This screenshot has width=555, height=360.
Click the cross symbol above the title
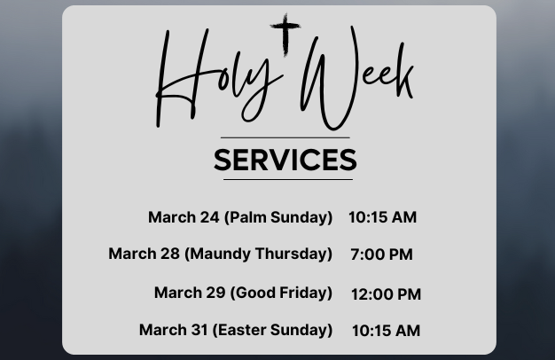pyautogui.click(x=285, y=34)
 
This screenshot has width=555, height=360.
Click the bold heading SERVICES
pyautogui.click(x=285, y=160)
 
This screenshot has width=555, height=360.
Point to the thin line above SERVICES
pyautogui.click(x=285, y=137)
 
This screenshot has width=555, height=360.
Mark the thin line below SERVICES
pyautogui.click(x=288, y=179)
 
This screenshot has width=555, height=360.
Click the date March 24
pyautogui.click(x=184, y=217)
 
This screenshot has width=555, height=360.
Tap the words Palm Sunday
pyautogui.click(x=278, y=217)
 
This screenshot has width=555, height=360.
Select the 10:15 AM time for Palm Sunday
pyautogui.click(x=383, y=217)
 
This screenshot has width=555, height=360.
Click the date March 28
pyautogui.click(x=144, y=254)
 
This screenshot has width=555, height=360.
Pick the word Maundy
pyautogui.click(x=218, y=254)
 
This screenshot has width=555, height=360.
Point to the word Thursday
pyautogui.click(x=293, y=254)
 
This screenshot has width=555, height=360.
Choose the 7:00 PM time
pyautogui.click(x=381, y=254)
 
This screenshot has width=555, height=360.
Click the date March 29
pyautogui.click(x=190, y=293)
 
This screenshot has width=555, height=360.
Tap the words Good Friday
pyautogui.click(x=281, y=293)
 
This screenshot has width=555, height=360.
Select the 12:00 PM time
pyautogui.click(x=387, y=294)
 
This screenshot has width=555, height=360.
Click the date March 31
pyautogui.click(x=174, y=330)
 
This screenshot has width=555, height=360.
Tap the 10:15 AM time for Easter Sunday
pyautogui.click(x=387, y=331)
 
